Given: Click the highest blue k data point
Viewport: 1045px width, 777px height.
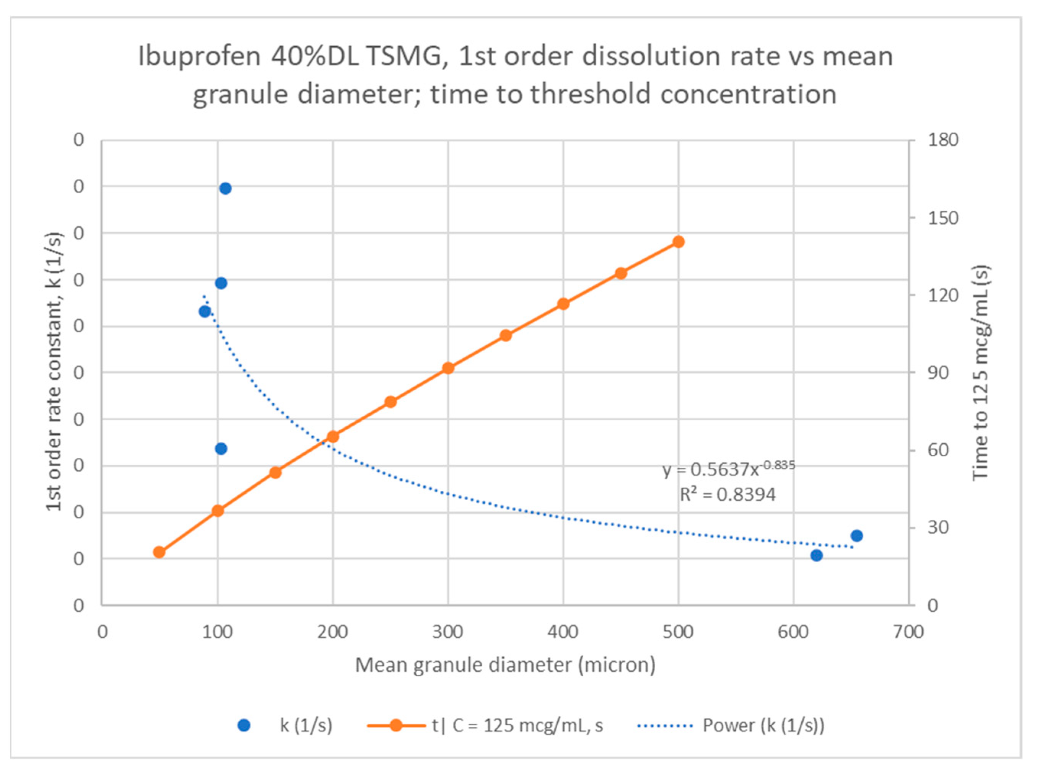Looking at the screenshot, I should [x=225, y=189].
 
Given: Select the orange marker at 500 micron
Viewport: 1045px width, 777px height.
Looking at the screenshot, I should [x=678, y=242].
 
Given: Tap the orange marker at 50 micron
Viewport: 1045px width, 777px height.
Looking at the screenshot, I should [x=160, y=552].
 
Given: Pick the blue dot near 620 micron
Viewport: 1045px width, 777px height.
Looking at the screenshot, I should [x=817, y=555].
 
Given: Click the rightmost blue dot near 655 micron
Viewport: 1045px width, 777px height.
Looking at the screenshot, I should [x=856, y=536].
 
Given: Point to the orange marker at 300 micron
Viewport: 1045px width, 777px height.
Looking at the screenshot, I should [x=448, y=368].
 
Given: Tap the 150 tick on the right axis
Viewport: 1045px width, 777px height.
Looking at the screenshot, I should [x=942, y=218].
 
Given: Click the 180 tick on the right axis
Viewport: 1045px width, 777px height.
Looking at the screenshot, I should [x=942, y=140].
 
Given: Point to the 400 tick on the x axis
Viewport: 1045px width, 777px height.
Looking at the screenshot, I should [x=563, y=632].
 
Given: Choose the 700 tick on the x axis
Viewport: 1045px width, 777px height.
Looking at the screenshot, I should [x=908, y=632].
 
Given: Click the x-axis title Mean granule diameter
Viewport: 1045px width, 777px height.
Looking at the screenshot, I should [x=505, y=665].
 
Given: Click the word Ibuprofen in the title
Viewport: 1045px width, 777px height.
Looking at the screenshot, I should [x=199, y=56].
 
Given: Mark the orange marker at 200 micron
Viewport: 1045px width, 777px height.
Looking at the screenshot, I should [x=333, y=436].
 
